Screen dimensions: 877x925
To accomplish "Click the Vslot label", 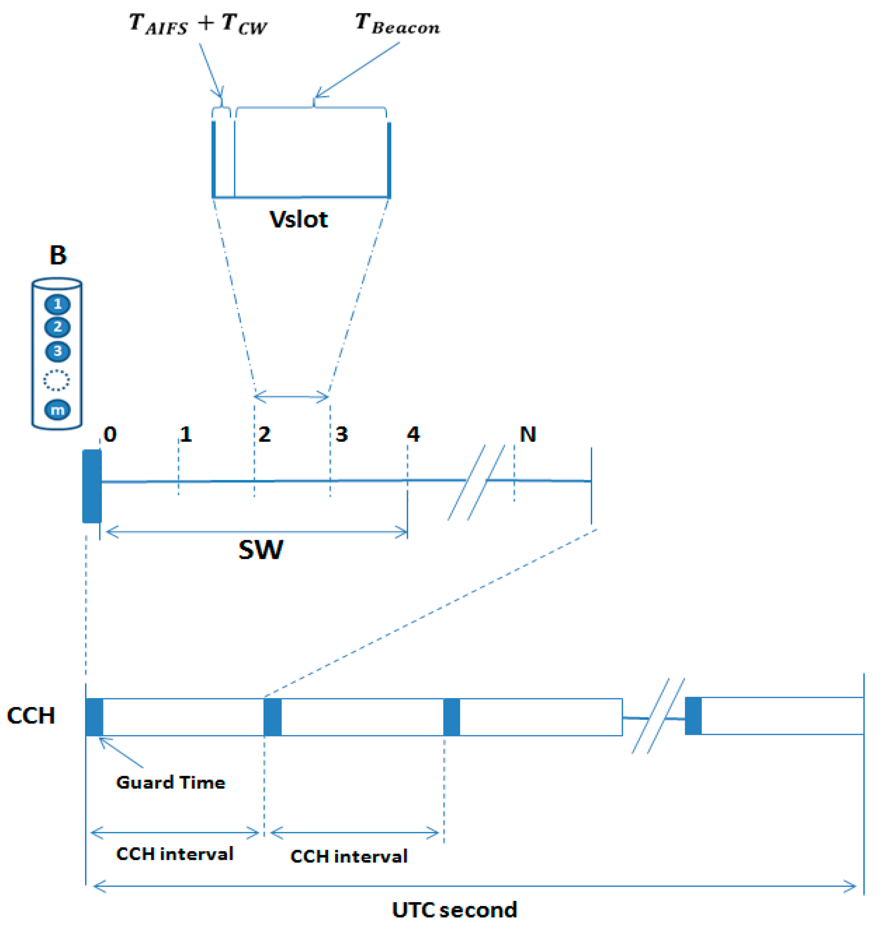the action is (x=298, y=219).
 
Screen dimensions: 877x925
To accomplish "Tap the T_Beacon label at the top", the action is (x=397, y=24).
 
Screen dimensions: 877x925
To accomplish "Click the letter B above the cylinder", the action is (x=58, y=255).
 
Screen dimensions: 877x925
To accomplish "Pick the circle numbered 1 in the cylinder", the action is (x=57, y=304).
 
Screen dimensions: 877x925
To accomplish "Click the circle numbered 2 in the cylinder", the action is (x=57, y=327).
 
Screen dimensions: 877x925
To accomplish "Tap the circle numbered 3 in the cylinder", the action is (x=57, y=351).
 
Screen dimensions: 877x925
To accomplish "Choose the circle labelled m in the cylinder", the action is (x=57, y=410).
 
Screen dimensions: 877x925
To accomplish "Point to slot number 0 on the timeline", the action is (x=110, y=435).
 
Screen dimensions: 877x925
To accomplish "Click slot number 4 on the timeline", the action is (x=413, y=435).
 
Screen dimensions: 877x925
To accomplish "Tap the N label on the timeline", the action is (x=528, y=435).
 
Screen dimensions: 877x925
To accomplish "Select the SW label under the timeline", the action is (x=261, y=550).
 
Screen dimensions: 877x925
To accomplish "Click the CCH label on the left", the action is (x=31, y=716).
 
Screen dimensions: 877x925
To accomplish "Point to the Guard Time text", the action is (x=171, y=782).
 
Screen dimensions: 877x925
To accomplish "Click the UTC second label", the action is (x=454, y=910).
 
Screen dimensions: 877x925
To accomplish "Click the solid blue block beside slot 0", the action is (x=92, y=486).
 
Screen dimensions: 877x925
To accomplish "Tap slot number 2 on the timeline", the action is (x=265, y=435).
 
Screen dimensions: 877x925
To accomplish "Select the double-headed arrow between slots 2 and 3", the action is (x=291, y=397).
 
